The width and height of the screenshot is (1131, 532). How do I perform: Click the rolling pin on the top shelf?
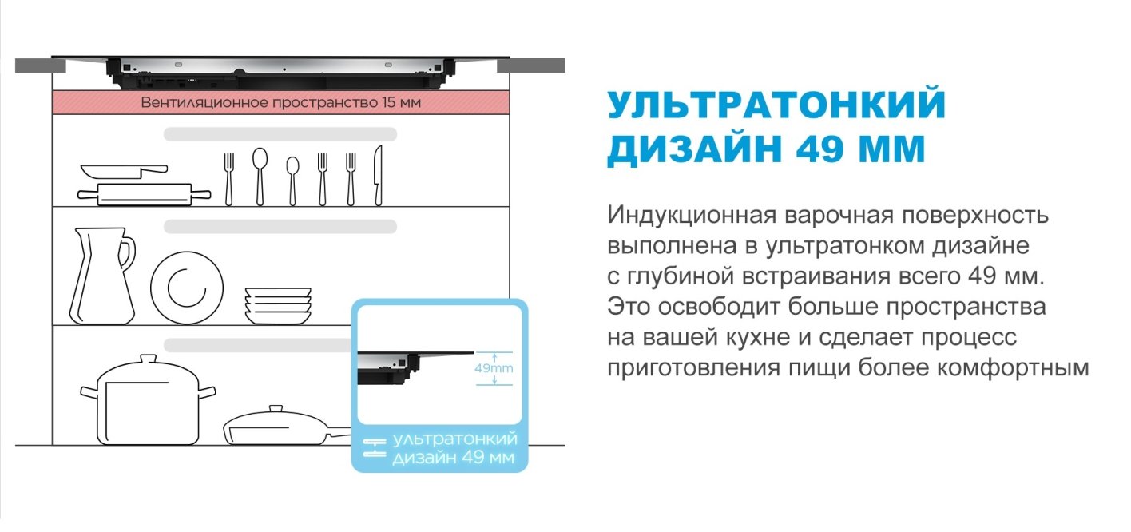[144, 193]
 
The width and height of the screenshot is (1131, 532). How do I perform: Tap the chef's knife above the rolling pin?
[124, 170]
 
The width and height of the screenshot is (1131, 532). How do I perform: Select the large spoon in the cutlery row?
[260, 176]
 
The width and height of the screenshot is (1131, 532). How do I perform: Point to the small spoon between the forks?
[292, 180]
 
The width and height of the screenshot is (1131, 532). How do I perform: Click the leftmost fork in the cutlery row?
[229, 177]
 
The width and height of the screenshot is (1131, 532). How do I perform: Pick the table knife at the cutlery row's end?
[378, 176]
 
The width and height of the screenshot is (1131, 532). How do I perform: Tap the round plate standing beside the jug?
[187, 288]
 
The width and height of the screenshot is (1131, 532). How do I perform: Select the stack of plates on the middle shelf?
[278, 306]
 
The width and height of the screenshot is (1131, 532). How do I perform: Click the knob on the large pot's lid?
[147, 360]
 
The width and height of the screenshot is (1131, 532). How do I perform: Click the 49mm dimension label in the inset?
[494, 369]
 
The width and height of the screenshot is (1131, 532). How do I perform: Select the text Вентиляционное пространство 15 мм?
[280, 102]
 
